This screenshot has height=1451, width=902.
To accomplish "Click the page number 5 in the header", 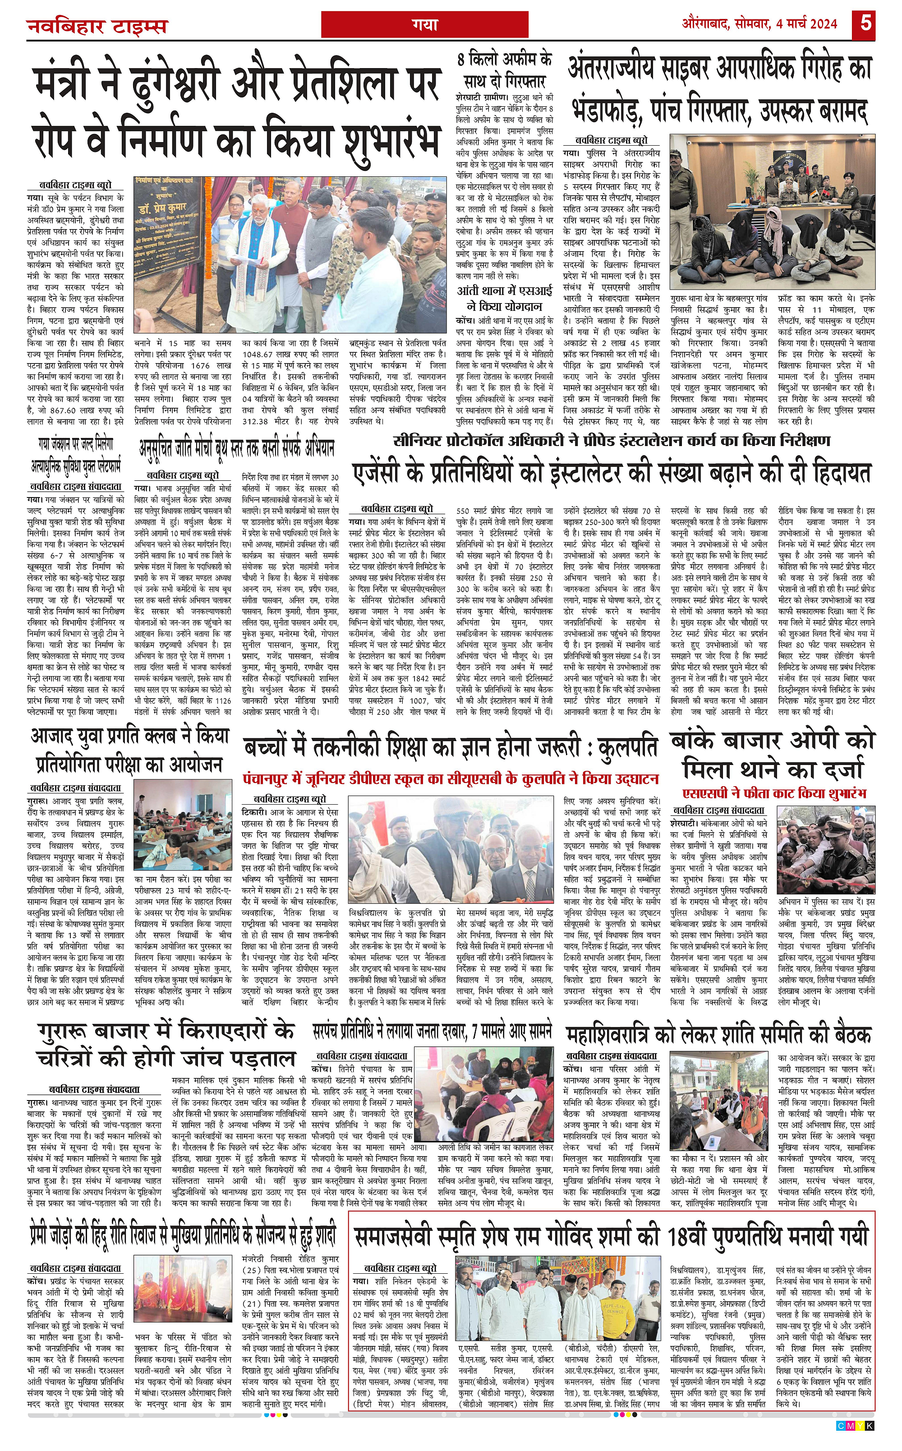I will coord(865,23).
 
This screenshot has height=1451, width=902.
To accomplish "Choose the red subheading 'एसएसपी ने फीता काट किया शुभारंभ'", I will coord(774,793).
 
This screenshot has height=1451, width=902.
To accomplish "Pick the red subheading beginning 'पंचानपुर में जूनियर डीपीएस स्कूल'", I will coord(451,779).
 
